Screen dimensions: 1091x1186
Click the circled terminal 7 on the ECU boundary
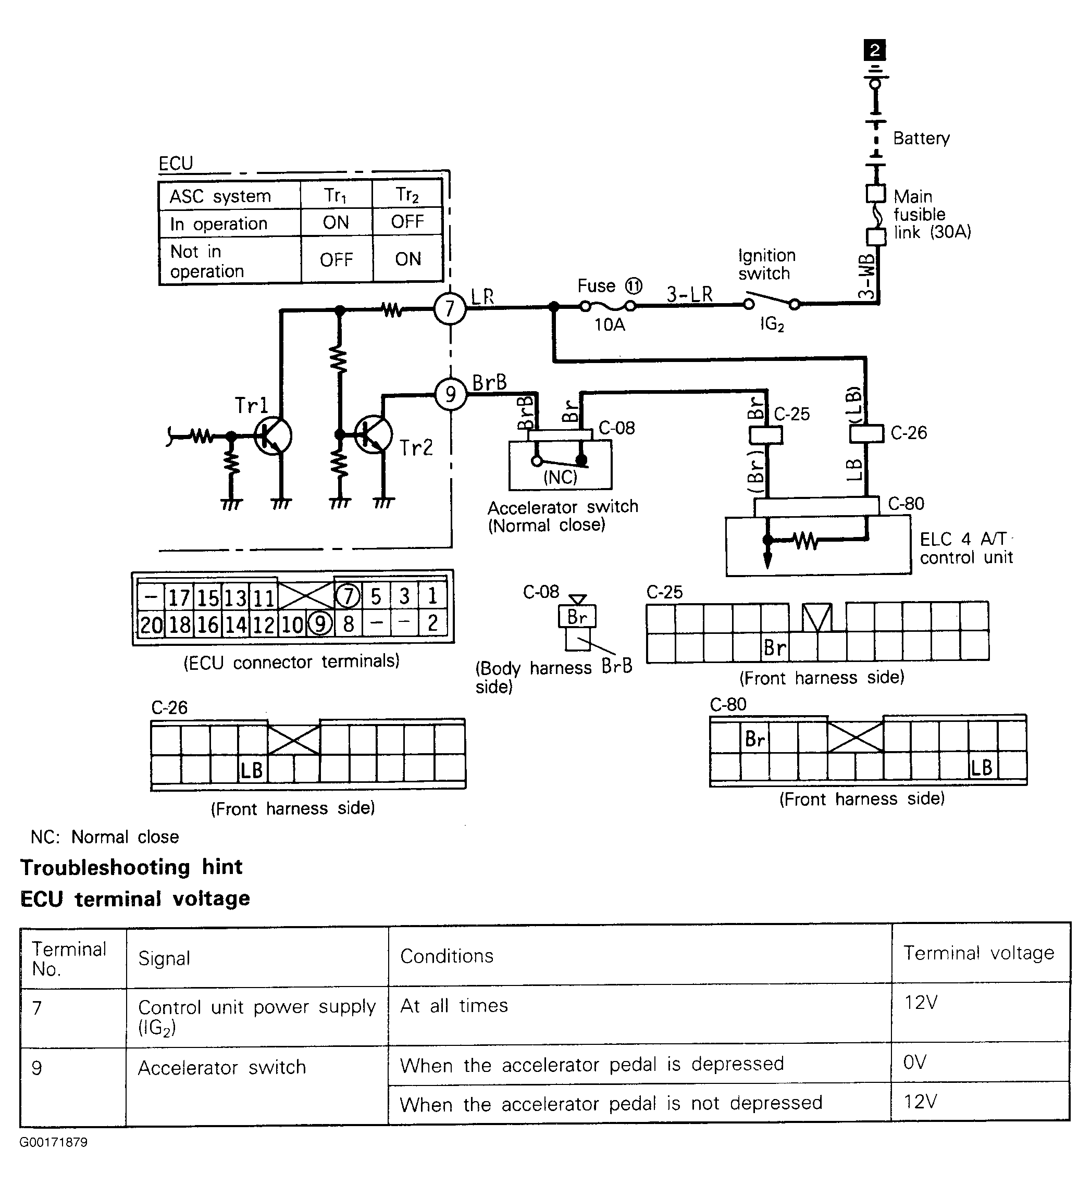click(451, 308)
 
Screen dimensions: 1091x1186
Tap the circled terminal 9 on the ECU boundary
click(451, 394)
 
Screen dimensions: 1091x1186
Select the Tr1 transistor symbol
click(273, 436)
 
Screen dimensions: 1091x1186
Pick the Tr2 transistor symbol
click(373, 434)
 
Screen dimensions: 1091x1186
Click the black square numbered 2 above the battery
click(875, 50)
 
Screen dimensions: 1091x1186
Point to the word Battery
click(921, 138)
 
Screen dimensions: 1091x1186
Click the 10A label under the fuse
click(609, 324)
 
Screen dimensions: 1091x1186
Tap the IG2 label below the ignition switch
click(772, 324)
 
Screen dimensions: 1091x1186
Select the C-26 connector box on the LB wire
click(866, 434)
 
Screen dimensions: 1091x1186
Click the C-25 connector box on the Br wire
click(766, 435)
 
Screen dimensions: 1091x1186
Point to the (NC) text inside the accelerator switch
click(560, 477)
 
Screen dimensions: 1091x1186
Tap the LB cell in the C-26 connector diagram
click(252, 770)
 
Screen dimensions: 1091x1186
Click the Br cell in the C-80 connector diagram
click(755, 739)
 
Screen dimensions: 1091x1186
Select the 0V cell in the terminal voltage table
click(981, 1062)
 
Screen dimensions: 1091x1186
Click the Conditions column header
click(447, 956)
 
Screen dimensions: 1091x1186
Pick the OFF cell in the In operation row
click(407, 222)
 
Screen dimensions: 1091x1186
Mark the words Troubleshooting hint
click(131, 867)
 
